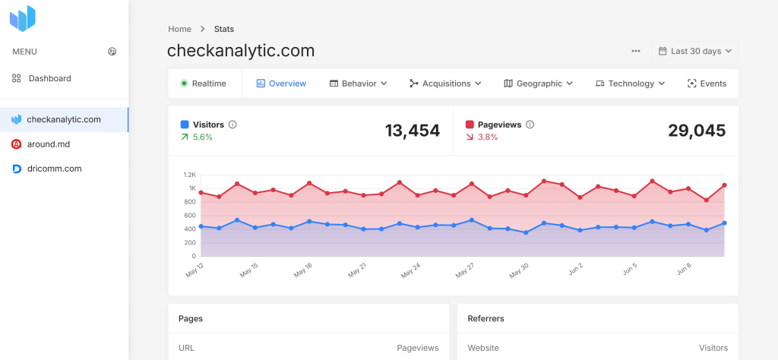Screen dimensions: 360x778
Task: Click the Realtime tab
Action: (x=204, y=84)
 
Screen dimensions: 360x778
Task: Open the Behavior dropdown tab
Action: (x=359, y=84)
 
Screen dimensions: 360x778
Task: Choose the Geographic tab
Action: (x=538, y=84)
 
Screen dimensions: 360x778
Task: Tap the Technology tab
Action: (x=630, y=84)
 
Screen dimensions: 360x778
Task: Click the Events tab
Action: (x=707, y=84)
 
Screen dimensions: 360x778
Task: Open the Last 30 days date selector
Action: (x=694, y=51)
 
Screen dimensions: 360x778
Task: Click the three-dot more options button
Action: (x=636, y=51)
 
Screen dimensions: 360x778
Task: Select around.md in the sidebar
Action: (x=48, y=144)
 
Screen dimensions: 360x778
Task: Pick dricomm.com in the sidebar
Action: (x=53, y=169)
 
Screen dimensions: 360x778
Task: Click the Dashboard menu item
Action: (x=49, y=78)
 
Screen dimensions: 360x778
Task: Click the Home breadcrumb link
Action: (x=180, y=29)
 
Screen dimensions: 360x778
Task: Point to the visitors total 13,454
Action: (x=413, y=131)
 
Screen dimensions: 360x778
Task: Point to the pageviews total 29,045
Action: (x=697, y=131)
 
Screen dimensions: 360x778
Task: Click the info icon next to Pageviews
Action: (x=530, y=125)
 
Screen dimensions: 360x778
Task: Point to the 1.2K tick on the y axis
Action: (x=190, y=174)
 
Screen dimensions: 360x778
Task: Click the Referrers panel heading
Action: (x=486, y=318)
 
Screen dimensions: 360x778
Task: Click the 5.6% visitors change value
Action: (x=203, y=137)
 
